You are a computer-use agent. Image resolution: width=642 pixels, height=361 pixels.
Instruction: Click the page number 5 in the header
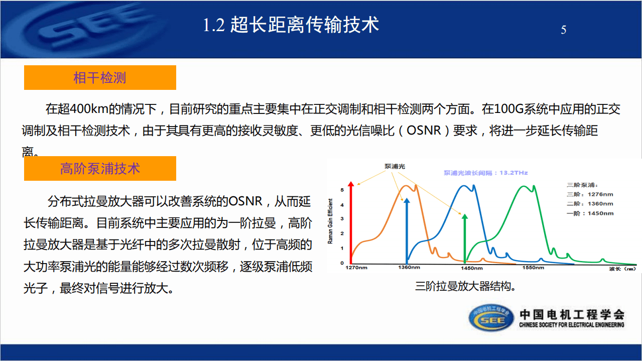click(563, 30)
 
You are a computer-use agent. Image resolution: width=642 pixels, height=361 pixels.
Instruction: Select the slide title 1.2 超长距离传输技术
click(291, 25)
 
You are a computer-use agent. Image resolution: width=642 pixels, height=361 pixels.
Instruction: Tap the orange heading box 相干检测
click(100, 78)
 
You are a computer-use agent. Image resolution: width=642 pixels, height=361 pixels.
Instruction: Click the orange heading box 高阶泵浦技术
click(100, 169)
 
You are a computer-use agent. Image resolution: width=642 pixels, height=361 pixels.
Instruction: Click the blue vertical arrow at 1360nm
click(407, 231)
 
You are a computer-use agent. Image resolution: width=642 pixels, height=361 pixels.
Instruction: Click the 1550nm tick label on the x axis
click(533, 268)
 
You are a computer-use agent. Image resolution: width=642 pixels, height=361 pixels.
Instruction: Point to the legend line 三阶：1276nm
click(590, 194)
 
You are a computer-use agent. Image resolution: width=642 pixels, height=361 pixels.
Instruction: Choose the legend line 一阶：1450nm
click(590, 213)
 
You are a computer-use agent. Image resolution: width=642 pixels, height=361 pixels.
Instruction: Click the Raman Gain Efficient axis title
click(330, 221)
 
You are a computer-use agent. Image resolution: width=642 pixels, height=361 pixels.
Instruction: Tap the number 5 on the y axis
click(342, 190)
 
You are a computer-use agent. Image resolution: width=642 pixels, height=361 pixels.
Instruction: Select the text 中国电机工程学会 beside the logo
click(571, 314)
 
